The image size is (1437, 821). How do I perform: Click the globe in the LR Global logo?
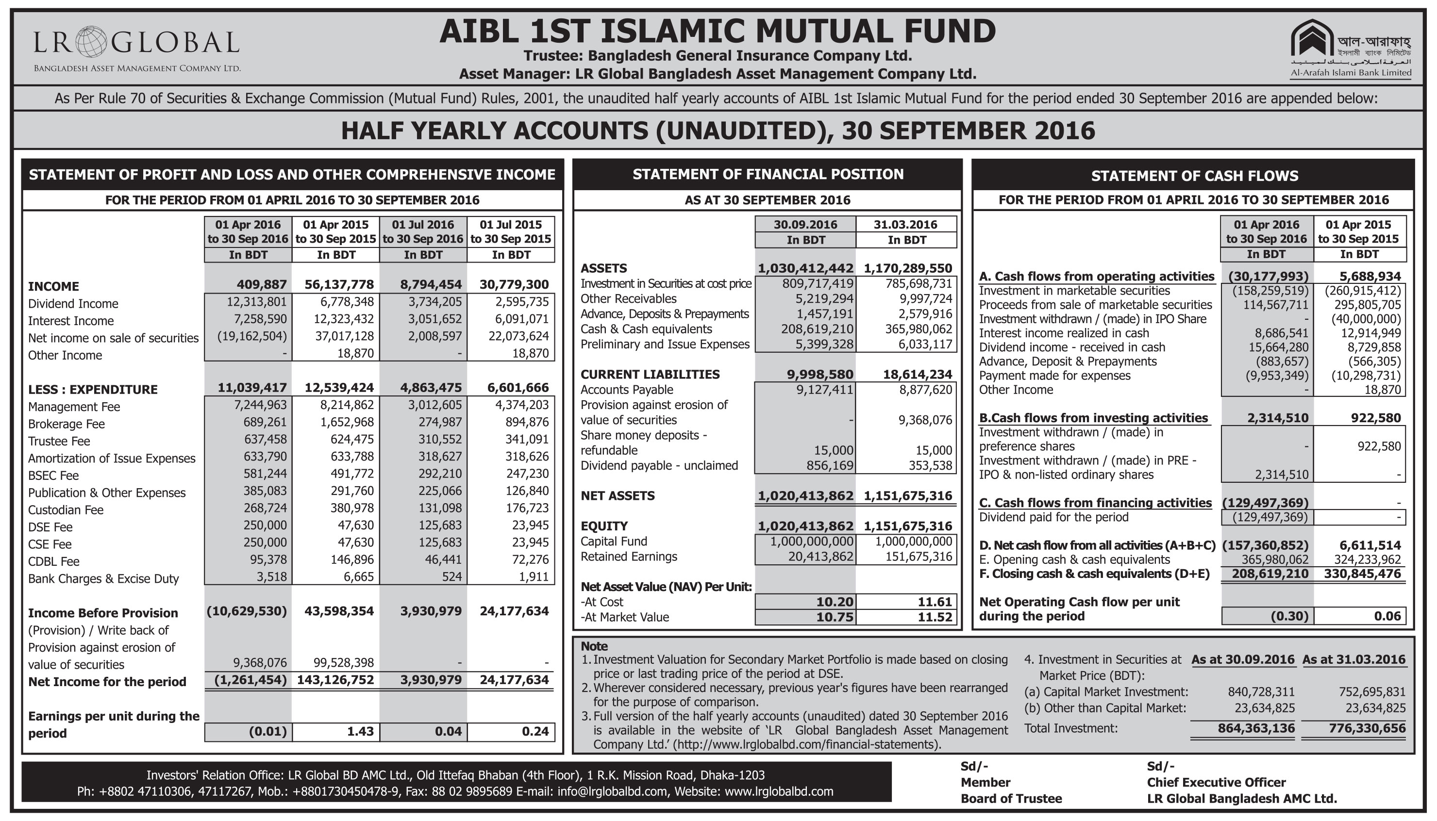click(x=90, y=42)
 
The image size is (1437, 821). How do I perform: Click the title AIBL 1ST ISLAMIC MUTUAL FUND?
click(x=718, y=31)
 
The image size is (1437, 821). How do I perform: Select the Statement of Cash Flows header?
click(x=1194, y=176)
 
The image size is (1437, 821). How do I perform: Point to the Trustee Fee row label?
click(x=59, y=441)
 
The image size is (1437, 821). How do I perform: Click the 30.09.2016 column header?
click(x=805, y=225)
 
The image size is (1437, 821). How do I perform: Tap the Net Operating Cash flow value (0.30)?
click(x=1289, y=616)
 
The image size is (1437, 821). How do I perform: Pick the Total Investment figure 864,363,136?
click(x=1256, y=728)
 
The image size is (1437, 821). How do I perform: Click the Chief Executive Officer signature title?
click(x=1216, y=783)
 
